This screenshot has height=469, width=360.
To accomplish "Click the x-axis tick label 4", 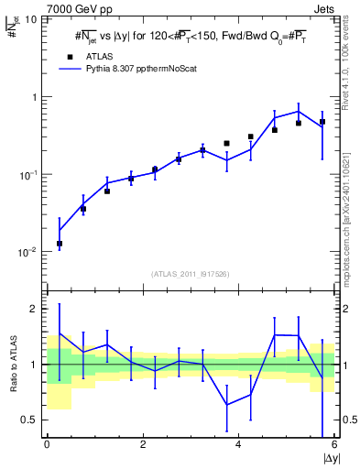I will (x=238, y=446).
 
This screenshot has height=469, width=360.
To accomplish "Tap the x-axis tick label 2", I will (x=142, y=446).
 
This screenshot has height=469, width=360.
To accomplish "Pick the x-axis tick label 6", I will (x=333, y=446).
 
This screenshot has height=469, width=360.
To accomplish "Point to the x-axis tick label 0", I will (x=47, y=446).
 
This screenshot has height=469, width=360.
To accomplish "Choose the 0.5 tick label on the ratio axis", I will (x=31, y=420).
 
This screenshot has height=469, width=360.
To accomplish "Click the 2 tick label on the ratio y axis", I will (x=36, y=309).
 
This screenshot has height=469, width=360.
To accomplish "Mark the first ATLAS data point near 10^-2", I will (x=60, y=244).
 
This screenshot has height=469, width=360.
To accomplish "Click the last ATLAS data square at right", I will (x=322, y=122).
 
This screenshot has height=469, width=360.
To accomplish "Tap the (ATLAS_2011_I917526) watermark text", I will (x=191, y=274).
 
